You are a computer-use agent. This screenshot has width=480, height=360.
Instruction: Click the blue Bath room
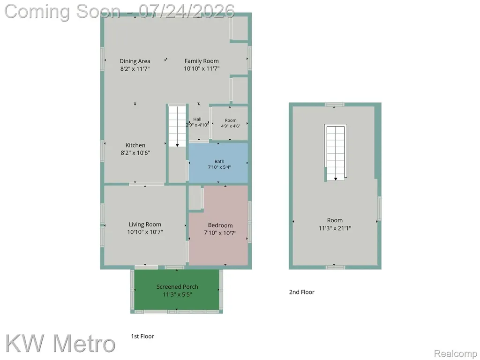(x=218, y=163)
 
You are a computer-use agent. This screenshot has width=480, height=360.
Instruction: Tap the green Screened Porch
(x=177, y=290)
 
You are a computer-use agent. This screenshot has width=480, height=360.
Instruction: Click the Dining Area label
(x=135, y=61)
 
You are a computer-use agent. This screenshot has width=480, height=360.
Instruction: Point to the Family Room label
(x=202, y=61)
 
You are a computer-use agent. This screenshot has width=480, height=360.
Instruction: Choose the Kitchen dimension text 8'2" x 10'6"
(x=135, y=152)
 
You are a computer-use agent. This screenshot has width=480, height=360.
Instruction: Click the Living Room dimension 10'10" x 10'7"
(x=145, y=232)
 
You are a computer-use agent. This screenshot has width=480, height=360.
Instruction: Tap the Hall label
(x=197, y=119)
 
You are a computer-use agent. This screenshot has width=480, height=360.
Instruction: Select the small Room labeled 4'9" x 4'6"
(x=230, y=123)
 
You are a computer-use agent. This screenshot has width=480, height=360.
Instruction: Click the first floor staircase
(x=177, y=126)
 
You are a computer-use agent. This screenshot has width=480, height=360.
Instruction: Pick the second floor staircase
(x=336, y=152)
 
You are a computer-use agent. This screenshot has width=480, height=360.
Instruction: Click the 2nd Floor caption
(x=301, y=292)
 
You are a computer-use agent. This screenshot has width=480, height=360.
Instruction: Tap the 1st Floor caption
(x=142, y=336)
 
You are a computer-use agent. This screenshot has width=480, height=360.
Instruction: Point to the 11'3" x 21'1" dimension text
(x=335, y=228)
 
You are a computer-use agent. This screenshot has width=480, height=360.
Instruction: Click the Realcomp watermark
(x=456, y=353)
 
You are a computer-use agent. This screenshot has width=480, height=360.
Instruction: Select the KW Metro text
(x=60, y=344)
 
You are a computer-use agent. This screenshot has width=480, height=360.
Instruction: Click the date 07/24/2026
(x=187, y=11)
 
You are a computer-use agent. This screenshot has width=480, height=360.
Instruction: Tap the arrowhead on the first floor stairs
(x=177, y=145)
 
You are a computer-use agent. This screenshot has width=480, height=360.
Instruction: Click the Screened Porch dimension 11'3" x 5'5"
(x=177, y=294)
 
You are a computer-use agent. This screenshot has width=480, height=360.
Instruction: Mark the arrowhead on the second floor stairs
(x=336, y=179)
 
